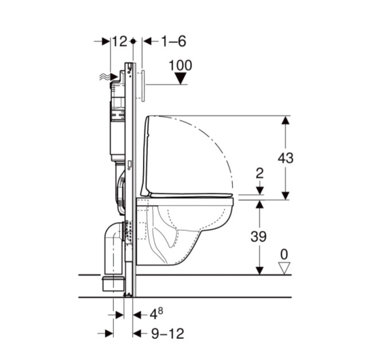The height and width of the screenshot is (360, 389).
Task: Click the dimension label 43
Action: pyautogui.click(x=285, y=158)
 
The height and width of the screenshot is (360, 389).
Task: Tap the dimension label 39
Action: pyautogui.click(x=259, y=237)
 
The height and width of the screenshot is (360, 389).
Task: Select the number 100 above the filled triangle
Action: pyautogui.click(x=180, y=65)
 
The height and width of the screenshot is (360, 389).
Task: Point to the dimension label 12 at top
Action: pyautogui.click(x=120, y=41)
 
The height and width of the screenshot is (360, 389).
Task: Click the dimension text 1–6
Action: pyautogui.click(x=173, y=41)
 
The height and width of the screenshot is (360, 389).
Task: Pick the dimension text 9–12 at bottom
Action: pyautogui.click(x=168, y=334)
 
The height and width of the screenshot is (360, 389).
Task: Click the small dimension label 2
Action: pyautogui.click(x=260, y=174)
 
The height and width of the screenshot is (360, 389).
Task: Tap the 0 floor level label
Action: pyautogui.click(x=284, y=254)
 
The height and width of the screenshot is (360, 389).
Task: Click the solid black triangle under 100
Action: pyautogui.click(x=181, y=78)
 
